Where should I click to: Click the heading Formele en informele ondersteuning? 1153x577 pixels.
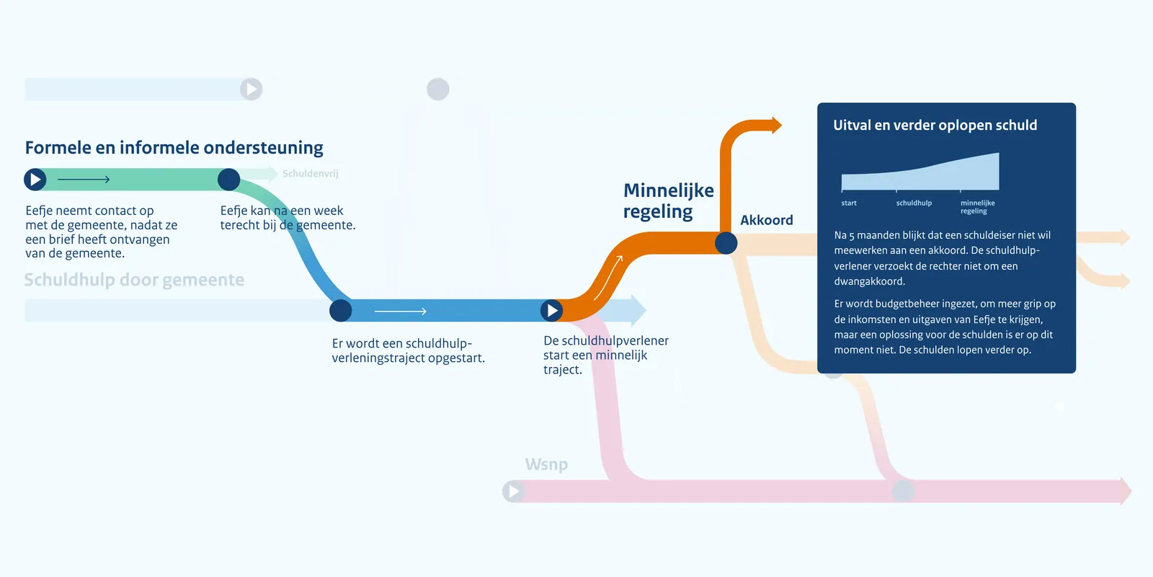point(174,148)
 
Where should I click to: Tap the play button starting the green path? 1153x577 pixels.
point(35,179)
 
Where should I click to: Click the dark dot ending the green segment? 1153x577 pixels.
point(228,180)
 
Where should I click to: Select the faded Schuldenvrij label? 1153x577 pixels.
point(310,174)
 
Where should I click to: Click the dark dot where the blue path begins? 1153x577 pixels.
point(340,311)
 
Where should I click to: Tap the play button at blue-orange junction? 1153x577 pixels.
point(552,310)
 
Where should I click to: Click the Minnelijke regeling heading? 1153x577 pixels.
point(668,201)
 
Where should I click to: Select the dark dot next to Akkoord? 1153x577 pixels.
point(726,243)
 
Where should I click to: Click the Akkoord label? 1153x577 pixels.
point(766,220)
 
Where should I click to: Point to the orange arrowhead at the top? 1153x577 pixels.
point(776,125)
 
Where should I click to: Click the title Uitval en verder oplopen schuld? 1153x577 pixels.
point(935,125)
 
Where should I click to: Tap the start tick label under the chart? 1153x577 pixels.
point(849,203)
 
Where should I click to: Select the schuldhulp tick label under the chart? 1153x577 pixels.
point(914,203)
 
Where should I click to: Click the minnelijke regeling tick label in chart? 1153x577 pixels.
point(977,207)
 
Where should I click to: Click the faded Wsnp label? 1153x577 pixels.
point(546,464)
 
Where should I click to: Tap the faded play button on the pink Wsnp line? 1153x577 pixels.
point(513,491)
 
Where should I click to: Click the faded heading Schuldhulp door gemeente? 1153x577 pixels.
point(134,280)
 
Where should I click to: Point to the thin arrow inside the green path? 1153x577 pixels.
point(83,180)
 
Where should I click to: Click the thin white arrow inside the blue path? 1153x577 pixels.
point(400,311)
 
